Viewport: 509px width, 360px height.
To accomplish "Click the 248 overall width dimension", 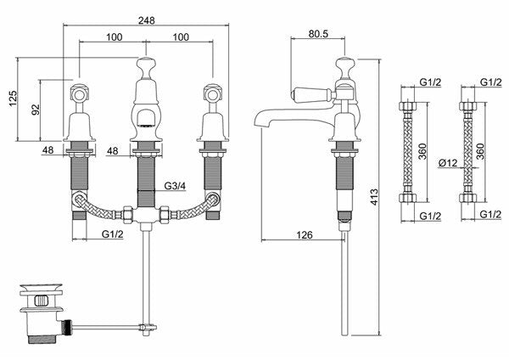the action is (x=147, y=20).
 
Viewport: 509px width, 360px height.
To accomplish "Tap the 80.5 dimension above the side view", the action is (x=318, y=33).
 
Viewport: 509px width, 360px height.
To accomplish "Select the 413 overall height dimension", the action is (x=374, y=197).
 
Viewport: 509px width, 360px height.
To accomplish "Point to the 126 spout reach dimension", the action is (x=305, y=234).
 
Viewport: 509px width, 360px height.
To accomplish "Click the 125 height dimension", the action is (x=13, y=98).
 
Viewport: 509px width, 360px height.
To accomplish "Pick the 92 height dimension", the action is (x=36, y=110).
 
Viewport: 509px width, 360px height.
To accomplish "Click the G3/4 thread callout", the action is (x=175, y=186).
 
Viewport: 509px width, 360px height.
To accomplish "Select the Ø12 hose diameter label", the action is (x=448, y=162).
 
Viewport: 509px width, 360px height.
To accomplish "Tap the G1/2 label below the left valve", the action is (x=113, y=234).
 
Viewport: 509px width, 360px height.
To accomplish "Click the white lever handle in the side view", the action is (x=310, y=94).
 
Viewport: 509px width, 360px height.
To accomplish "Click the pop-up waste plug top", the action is (x=41, y=288).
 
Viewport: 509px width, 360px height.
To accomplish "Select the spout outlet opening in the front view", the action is (x=145, y=118).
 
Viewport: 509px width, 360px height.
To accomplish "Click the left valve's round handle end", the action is (x=80, y=94).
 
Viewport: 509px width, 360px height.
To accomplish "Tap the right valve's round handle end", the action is (x=213, y=94).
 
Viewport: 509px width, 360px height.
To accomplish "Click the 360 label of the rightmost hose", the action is (x=480, y=151).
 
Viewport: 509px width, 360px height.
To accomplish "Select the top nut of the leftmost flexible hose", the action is (x=407, y=106).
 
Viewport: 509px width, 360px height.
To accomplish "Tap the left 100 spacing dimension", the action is (x=115, y=37).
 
